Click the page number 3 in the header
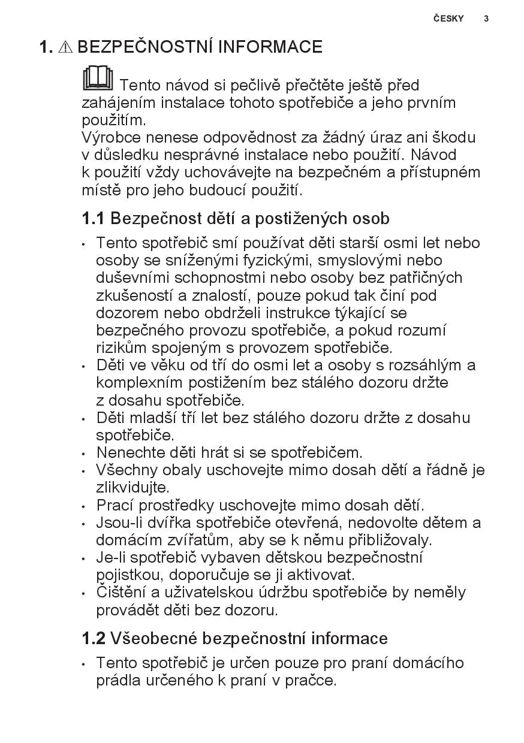[x=486, y=19]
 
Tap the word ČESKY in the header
[x=448, y=19]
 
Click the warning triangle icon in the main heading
[x=65, y=47]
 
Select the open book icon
[x=98, y=79]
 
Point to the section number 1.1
[x=93, y=219]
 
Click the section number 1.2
[x=94, y=639]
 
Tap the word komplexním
[x=140, y=382]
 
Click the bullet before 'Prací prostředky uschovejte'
[x=84, y=506]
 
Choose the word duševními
[x=133, y=277]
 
